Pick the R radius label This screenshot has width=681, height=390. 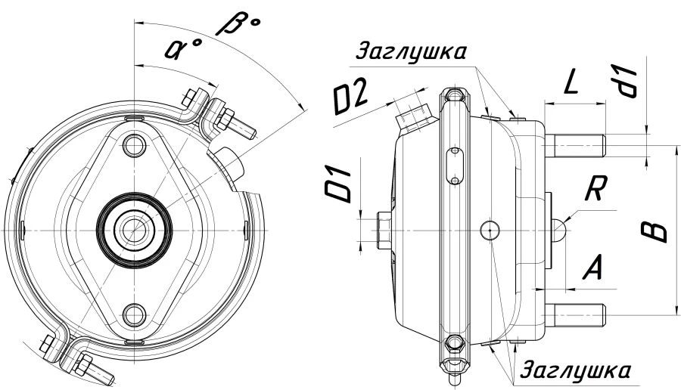tap(594, 189)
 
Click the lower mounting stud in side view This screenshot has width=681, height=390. tap(579, 312)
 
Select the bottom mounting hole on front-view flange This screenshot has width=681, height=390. tap(135, 311)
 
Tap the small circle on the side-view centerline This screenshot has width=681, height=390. tap(490, 227)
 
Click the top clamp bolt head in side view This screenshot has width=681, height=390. tap(452, 97)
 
